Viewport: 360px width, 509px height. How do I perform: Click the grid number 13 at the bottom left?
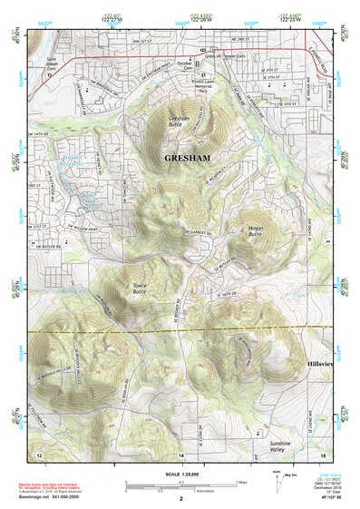39,453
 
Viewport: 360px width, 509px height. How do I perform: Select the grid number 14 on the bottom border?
180,453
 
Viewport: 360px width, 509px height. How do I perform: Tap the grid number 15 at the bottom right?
322,453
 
